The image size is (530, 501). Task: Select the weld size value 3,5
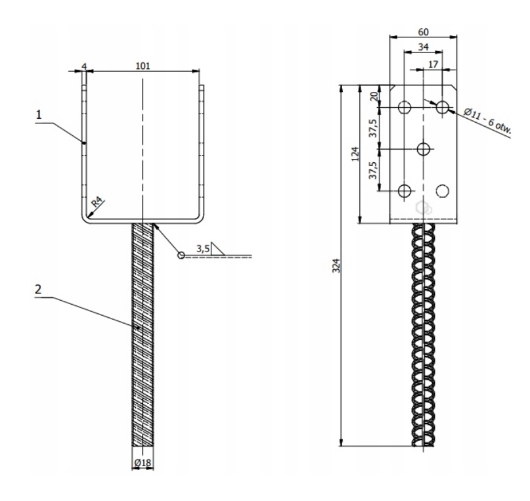point(204,248)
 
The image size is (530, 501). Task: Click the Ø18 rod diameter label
point(143,463)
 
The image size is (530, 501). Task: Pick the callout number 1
point(39,114)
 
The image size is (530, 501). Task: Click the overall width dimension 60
point(423,32)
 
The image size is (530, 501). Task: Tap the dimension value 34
point(423,47)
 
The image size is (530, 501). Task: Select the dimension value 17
point(433,64)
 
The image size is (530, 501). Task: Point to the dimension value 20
point(374,97)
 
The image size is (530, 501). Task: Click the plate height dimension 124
point(355,154)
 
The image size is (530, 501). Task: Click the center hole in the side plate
point(424,148)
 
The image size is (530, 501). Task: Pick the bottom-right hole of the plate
point(443,190)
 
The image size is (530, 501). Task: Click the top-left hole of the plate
point(405,106)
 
